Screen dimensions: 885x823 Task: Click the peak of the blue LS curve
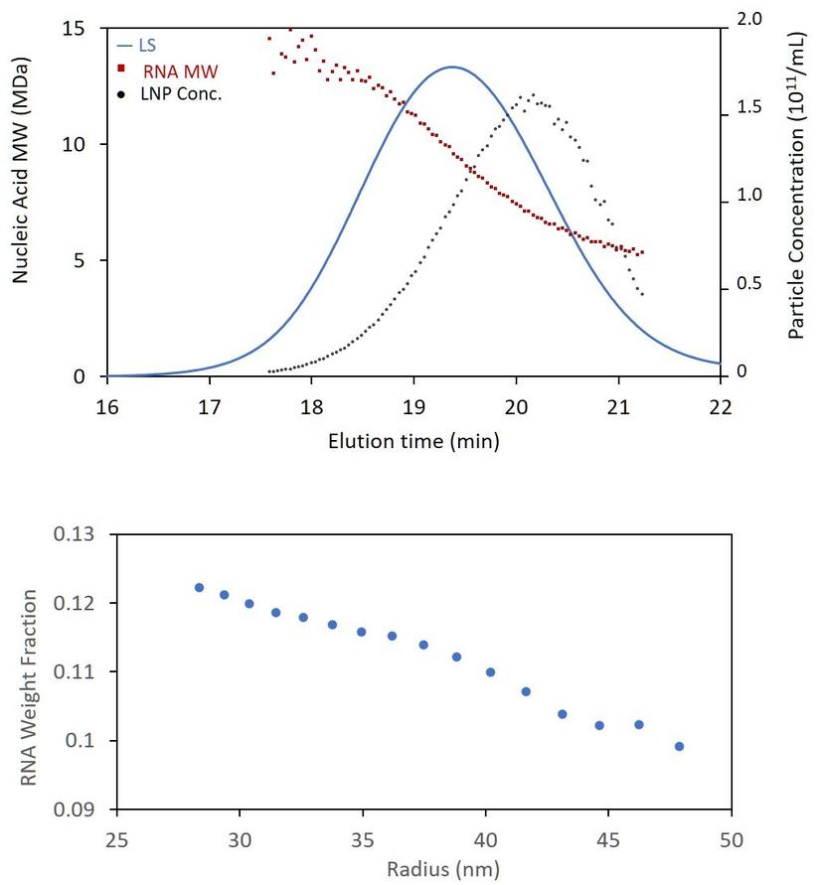(x=451, y=68)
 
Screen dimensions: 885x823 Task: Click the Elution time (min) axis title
(x=413, y=440)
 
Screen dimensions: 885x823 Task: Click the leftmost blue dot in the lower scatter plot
(x=199, y=588)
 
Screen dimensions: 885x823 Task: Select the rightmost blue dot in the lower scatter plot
(x=679, y=746)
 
